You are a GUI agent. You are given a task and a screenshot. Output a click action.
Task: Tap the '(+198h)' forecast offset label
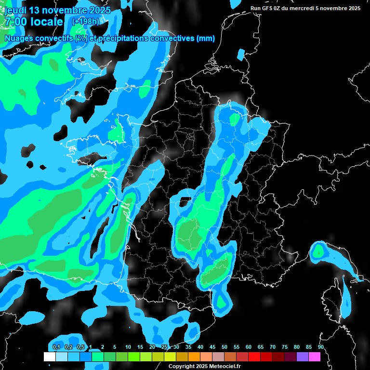tap(86, 22)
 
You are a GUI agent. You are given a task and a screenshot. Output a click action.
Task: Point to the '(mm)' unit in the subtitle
tap(205, 39)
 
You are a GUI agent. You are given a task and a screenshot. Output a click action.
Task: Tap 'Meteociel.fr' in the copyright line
tap(224, 367)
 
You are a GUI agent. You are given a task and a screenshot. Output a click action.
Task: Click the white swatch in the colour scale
tap(49, 357)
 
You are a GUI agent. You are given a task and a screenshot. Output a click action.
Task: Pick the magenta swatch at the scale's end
tap(315, 357)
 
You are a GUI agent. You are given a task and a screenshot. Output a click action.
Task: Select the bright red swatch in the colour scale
tap(254, 357)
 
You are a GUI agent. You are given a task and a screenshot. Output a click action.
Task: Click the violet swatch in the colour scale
tap(303, 357)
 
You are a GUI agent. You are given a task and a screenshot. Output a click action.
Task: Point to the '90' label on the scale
tap(321, 347)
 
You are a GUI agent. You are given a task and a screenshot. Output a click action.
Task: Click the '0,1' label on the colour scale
tap(56, 347)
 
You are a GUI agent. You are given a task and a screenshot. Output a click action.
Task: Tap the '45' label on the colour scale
tap(212, 347)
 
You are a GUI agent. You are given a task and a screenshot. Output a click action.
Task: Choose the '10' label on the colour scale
tap(128, 347)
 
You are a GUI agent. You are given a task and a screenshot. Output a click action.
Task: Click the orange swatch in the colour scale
tap(194, 357)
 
